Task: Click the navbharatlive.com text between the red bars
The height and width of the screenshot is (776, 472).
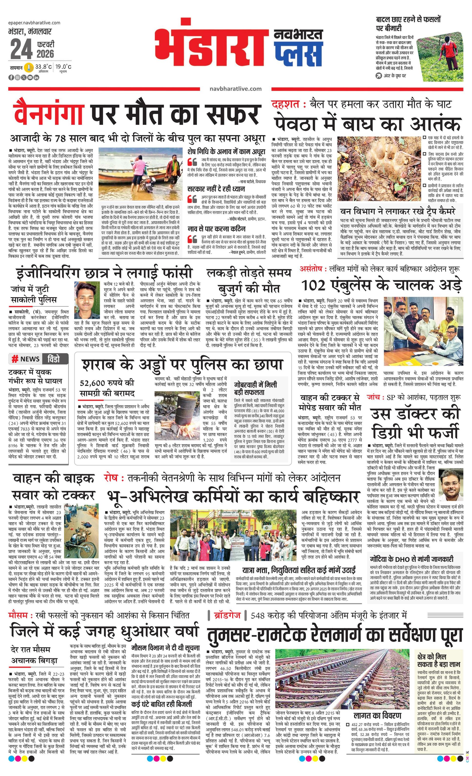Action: [x=235, y=89]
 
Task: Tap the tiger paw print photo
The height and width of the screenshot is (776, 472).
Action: [x=378, y=169]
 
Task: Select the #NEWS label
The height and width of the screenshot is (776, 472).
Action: [x=26, y=359]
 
